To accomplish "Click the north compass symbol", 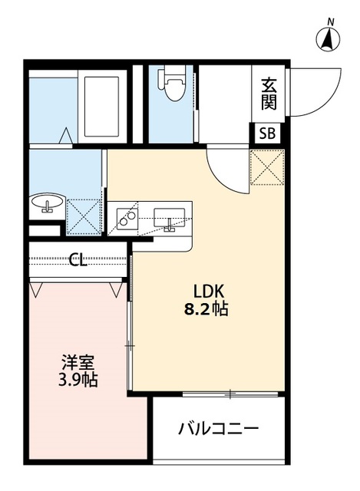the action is [328, 40].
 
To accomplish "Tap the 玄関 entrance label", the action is [269, 94].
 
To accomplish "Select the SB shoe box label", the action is [267, 133].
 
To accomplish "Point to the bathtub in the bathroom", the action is [102, 107].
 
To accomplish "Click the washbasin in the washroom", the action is [48, 203].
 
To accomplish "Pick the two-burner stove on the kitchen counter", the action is [127, 217].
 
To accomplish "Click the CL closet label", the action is [78, 259].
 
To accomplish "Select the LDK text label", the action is [208, 292].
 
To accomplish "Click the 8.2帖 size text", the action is [206, 309].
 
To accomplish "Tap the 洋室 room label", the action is [78, 363].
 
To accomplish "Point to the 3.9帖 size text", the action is [78, 381].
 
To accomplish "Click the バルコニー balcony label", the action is [219, 428].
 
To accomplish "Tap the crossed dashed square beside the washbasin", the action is [84, 216].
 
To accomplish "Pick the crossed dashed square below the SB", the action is [267, 167].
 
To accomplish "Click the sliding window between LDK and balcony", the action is [230, 394].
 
